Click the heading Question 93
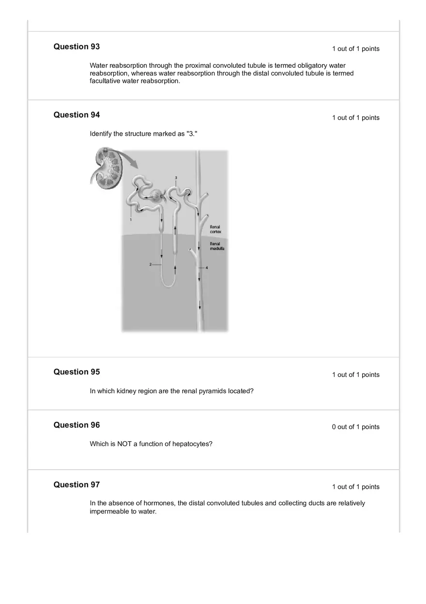[76, 46]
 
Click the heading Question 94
[76, 115]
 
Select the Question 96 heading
[76, 425]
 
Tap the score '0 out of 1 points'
[355, 427]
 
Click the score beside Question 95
[355, 375]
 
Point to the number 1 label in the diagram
[131, 219]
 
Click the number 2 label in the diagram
[151, 264]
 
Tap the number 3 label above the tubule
[176, 178]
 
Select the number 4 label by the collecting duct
[207, 267]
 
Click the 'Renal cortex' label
[215, 229]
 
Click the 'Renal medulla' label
[217, 246]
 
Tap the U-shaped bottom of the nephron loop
[168, 283]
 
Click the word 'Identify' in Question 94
[101, 134]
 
